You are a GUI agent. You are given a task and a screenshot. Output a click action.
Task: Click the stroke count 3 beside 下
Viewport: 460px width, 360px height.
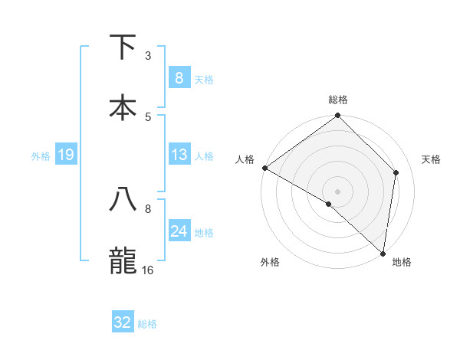148,55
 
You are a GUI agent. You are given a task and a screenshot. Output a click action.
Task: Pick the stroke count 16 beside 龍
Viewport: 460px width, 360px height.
148,270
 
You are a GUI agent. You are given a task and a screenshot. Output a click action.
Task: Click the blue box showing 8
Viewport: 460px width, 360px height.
179,77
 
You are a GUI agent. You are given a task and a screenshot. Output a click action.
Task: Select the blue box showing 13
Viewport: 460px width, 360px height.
179,155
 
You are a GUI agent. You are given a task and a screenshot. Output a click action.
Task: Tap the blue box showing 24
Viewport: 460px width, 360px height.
179,231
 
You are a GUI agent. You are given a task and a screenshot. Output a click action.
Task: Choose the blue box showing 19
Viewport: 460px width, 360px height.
65,155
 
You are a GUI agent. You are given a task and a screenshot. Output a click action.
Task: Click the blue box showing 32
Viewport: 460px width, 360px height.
123,322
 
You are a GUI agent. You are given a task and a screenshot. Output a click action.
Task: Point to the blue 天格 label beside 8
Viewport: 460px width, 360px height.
204,79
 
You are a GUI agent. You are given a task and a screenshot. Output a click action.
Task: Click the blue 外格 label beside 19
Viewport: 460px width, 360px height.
41,155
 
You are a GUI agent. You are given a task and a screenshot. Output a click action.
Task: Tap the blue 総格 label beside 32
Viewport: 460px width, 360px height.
147,324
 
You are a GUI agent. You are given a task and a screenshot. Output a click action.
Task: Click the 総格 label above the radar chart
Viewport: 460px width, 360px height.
338,100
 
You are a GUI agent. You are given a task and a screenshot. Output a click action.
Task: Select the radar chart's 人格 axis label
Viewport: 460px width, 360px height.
245,159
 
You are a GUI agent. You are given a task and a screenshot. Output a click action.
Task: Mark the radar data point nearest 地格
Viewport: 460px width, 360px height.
383,253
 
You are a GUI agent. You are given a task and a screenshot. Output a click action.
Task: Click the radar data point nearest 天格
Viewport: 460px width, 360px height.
396,172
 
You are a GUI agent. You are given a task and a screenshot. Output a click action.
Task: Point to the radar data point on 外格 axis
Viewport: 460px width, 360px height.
328,205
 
